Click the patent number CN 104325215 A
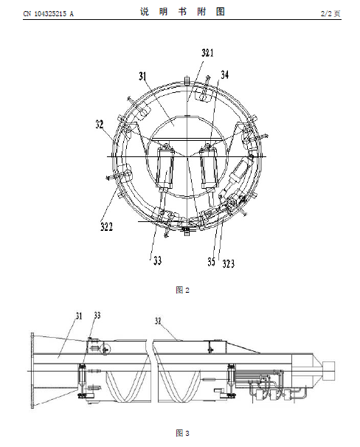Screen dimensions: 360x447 click(48, 14)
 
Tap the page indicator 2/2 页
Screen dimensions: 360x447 click(331, 13)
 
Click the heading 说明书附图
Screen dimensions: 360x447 click(182, 12)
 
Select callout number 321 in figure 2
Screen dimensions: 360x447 click(207, 52)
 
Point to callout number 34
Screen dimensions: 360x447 click(224, 74)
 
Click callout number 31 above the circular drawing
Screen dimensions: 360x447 click(142, 76)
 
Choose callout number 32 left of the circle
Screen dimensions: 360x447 click(99, 125)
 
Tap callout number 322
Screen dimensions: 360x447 click(106, 226)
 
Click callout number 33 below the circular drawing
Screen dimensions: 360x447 click(158, 260)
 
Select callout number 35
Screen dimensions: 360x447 click(211, 262)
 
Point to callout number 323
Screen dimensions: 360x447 click(228, 264)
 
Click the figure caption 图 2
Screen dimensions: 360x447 click(183, 290)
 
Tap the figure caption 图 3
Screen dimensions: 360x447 click(183, 433)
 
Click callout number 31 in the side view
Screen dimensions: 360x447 click(79, 316)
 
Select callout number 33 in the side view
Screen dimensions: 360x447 click(97, 315)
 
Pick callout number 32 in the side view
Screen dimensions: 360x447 click(158, 321)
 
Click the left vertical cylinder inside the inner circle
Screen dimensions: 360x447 click(166, 169)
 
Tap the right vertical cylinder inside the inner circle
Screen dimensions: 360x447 click(209, 169)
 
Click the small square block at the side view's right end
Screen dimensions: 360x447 click(329, 370)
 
